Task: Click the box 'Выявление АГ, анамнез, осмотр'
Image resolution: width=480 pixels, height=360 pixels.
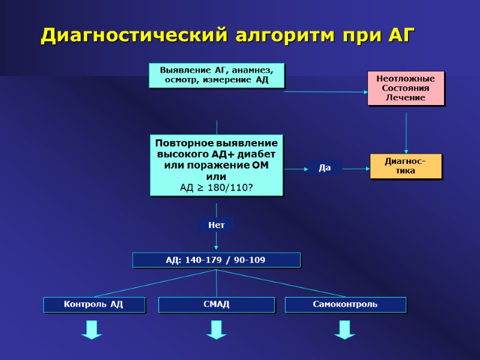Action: pyautogui.click(x=216, y=75)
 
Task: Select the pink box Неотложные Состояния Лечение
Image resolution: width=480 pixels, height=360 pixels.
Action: pyautogui.click(x=406, y=88)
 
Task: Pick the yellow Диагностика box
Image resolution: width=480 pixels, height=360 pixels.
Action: pyautogui.click(x=406, y=166)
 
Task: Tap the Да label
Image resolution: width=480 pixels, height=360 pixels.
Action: pyautogui.click(x=325, y=168)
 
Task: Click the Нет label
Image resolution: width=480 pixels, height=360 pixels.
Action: pyautogui.click(x=216, y=225)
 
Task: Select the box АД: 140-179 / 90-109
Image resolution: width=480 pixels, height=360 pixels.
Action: pyautogui.click(x=216, y=260)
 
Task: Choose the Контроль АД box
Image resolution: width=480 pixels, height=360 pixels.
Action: pyautogui.click(x=94, y=304)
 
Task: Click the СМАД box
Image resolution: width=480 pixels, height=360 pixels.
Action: pyautogui.click(x=216, y=304)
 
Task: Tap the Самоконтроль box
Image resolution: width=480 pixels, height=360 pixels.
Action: pyautogui.click(x=345, y=304)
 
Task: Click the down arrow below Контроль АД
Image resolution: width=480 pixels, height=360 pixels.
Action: pyautogui.click(x=92, y=329)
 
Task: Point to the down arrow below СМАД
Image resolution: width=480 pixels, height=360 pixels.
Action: pyautogui.click(x=216, y=329)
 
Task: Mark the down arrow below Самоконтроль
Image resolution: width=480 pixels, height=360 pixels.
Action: pyautogui.click(x=344, y=329)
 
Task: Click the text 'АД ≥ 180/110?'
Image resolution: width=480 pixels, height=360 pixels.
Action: pyautogui.click(x=216, y=188)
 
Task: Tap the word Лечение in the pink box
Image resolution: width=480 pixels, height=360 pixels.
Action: pyautogui.click(x=406, y=97)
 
